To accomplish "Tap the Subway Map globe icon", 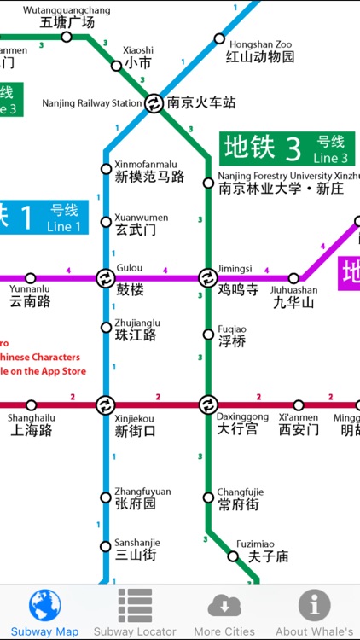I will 44,605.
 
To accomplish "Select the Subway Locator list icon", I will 135,605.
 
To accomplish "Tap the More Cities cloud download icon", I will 224,605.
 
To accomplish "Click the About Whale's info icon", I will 314,605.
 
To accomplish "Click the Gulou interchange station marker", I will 105,278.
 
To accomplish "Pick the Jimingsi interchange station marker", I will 208,278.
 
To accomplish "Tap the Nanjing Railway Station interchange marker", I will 154,103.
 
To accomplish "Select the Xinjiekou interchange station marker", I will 105,404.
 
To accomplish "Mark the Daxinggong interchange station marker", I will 208,404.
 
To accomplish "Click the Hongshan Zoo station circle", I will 219,38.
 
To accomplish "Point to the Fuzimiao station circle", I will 233,556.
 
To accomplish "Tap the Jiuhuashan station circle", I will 294,278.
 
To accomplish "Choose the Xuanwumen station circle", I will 107,222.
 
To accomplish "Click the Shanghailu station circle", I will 32,405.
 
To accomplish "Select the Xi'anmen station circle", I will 299,405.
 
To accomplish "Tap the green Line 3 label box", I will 286,148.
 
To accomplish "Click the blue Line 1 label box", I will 43,217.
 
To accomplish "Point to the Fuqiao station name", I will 232,335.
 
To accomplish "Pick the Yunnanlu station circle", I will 31,278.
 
